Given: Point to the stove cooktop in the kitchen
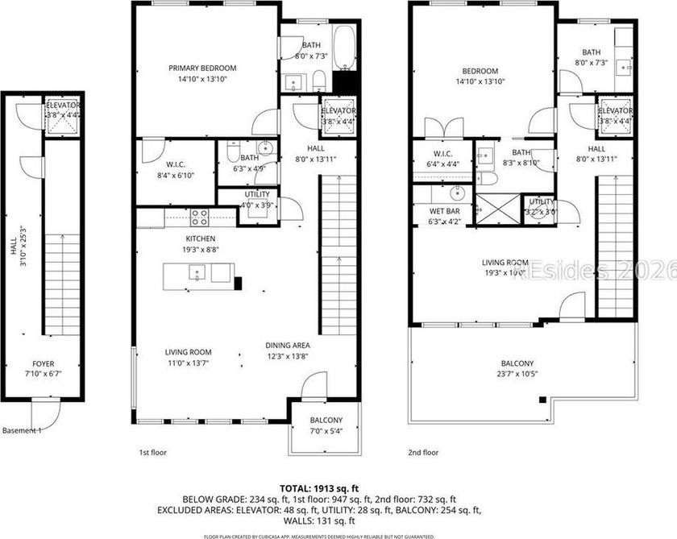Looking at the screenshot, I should pyautogui.click(x=198, y=216).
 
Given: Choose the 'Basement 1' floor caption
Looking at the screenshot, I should pyautogui.click(x=22, y=430).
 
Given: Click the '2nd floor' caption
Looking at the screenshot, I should pyautogui.click(x=423, y=453).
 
